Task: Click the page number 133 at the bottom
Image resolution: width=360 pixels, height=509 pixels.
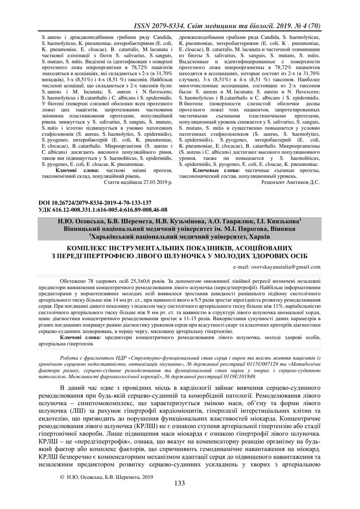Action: (180, 483)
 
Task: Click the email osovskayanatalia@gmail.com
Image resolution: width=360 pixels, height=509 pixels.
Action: (277, 267)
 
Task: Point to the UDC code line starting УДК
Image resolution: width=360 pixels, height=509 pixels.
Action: (103, 210)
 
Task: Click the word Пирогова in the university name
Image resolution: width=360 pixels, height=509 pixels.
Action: (254, 229)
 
